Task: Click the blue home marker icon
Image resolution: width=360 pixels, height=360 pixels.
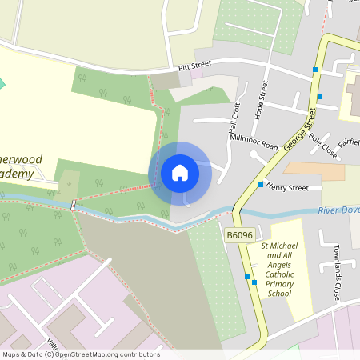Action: point(180,173)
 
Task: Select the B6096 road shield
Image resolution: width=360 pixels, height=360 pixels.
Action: point(239,235)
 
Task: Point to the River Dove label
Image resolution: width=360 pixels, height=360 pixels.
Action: point(338,210)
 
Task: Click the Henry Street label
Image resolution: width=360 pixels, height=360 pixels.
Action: point(288,188)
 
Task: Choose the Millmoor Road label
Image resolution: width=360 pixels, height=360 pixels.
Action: point(254,142)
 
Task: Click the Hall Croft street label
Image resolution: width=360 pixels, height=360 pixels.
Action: point(234,118)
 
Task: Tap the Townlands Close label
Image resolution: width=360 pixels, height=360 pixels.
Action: point(338,269)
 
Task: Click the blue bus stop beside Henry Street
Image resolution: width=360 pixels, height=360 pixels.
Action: point(261,185)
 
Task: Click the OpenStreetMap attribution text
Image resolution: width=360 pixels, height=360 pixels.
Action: point(80,354)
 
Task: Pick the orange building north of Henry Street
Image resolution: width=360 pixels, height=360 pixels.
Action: point(314,171)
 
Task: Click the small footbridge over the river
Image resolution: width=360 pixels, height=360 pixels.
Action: point(74,206)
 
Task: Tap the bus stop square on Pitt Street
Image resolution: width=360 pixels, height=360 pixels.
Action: point(315,70)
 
